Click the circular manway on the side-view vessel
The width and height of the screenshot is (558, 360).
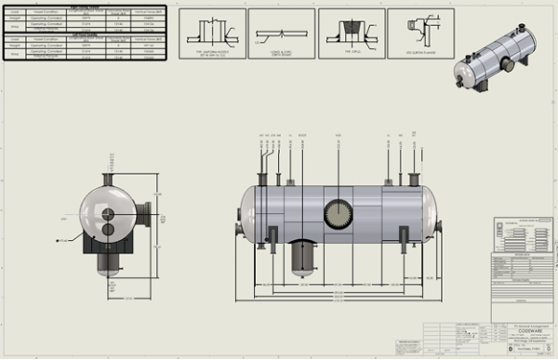[339, 214]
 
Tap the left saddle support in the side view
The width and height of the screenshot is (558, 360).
[272, 234]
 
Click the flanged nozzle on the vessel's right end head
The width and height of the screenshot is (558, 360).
[440, 220]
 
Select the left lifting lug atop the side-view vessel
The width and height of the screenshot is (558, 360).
[291, 181]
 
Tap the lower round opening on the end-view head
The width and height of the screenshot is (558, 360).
[109, 228]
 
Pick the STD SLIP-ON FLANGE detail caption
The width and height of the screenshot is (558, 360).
[420, 52]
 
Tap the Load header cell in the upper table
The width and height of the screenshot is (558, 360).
[13, 12]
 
